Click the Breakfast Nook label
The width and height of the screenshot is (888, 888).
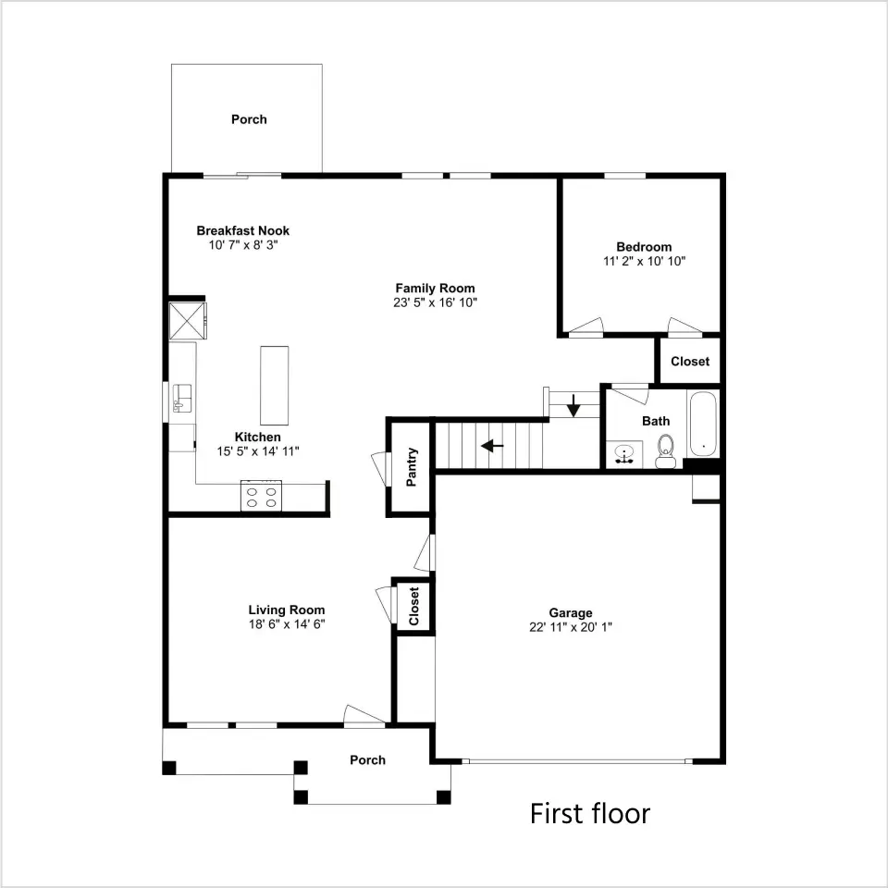click(243, 230)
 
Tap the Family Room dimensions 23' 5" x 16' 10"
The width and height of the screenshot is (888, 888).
click(435, 302)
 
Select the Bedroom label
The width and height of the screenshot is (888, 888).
click(644, 247)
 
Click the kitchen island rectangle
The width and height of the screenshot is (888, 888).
click(274, 386)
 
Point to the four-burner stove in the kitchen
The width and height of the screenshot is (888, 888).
click(261, 496)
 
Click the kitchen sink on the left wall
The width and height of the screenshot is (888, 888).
click(182, 398)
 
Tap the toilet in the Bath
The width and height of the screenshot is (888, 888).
click(665, 451)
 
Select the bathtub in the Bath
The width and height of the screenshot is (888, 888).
click(703, 424)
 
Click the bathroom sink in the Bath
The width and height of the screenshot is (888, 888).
click(624, 454)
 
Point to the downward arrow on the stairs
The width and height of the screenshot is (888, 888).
click(573, 405)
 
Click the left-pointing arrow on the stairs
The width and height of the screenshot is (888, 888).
click(492, 446)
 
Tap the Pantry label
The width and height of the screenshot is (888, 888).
click(412, 466)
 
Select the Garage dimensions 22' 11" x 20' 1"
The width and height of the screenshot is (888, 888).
click(571, 627)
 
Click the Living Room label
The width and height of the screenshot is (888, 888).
click(287, 610)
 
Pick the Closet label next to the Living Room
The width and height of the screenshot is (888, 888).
click(413, 606)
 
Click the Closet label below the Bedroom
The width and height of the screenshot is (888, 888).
click(690, 362)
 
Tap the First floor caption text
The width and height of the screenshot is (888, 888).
click(590, 814)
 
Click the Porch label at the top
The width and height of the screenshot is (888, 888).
click(249, 119)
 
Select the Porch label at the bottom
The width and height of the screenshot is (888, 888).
click(367, 760)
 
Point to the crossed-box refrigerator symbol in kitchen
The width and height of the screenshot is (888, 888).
click(188, 321)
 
